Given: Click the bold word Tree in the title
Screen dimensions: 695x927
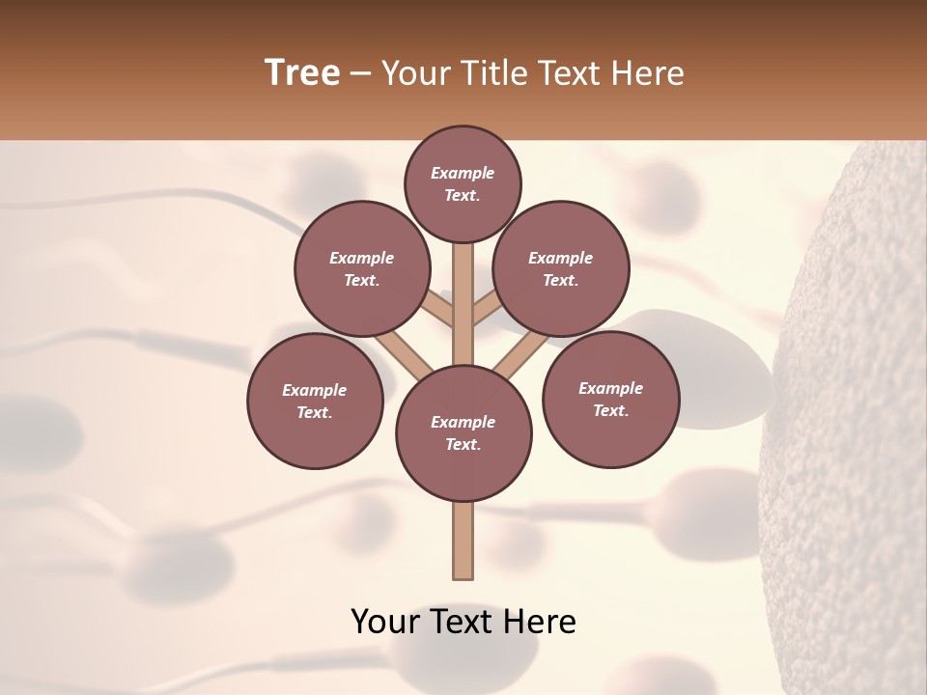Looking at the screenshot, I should tap(302, 73).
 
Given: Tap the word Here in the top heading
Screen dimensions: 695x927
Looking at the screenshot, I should tap(649, 73).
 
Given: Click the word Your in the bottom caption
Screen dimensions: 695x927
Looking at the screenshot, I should tap(384, 622).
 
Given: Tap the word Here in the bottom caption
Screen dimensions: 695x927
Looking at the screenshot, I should tap(540, 622).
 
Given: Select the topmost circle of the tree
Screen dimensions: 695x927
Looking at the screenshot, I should tap(463, 183).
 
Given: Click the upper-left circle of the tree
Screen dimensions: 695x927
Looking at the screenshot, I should tap(362, 268).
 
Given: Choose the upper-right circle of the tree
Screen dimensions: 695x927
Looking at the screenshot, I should tap(561, 268).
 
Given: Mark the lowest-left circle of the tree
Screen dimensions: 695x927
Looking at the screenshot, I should tap(315, 401).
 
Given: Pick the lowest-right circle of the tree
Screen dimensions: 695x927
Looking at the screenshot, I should tap(610, 399).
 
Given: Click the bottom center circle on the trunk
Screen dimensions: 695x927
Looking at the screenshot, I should tap(463, 433).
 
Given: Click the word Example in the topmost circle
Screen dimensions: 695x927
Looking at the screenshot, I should tap(463, 174).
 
